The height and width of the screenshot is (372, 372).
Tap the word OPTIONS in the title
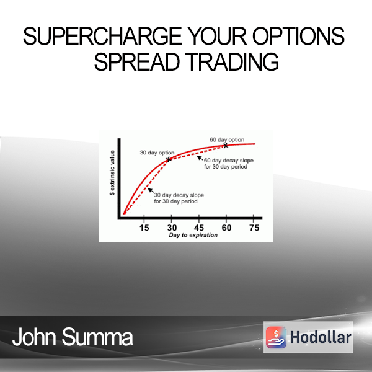pyautogui.click(x=298, y=36)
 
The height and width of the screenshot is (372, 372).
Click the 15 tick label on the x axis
pyautogui.click(x=144, y=228)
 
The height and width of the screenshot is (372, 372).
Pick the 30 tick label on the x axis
pyautogui.click(x=172, y=228)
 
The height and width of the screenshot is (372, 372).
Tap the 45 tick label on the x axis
pyautogui.click(x=199, y=228)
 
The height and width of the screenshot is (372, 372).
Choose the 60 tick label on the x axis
pyautogui.click(x=226, y=228)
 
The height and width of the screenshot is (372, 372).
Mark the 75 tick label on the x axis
pyautogui.click(x=254, y=228)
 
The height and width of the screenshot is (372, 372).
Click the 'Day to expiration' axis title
pyautogui.click(x=193, y=235)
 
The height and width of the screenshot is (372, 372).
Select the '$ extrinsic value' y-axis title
pyautogui.click(x=112, y=172)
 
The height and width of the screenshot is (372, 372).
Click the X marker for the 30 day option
pyautogui.click(x=169, y=159)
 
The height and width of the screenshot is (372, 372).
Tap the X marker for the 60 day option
pyautogui.click(x=226, y=146)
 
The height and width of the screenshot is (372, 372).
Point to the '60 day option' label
pyautogui.click(x=227, y=139)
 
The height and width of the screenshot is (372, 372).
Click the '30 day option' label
pyautogui.click(x=157, y=153)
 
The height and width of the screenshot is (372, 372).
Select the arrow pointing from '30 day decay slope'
pyautogui.click(x=151, y=191)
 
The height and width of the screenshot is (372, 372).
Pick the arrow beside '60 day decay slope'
pyautogui.click(x=200, y=158)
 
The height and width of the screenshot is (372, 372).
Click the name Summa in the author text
pyautogui.click(x=97, y=337)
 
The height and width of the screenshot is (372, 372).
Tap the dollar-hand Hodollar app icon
pyautogui.click(x=276, y=337)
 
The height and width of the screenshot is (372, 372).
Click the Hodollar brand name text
pyautogui.click(x=321, y=337)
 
